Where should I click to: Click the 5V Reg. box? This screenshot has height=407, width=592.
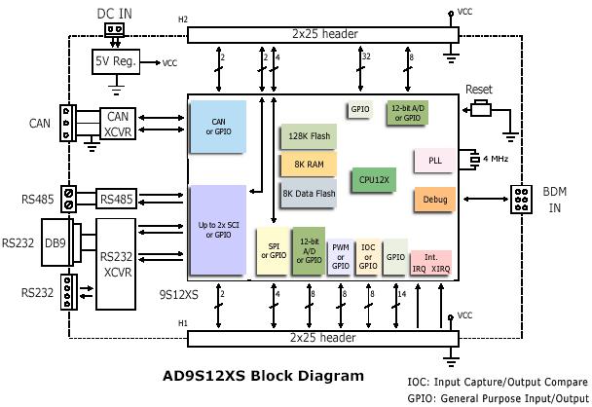[115, 61]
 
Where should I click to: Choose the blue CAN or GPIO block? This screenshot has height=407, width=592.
[218, 127]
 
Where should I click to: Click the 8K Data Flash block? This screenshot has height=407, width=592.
[309, 192]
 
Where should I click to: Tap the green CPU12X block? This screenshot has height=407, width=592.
[374, 179]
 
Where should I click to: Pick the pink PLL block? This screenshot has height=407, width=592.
[433, 160]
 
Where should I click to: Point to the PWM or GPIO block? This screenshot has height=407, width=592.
[341, 255]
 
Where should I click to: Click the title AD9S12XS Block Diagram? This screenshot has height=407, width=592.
[263, 375]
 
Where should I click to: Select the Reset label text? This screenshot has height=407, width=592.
[479, 89]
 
